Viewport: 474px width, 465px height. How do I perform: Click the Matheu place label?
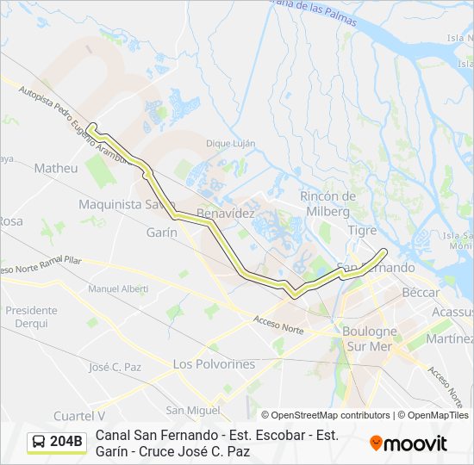(56, 169)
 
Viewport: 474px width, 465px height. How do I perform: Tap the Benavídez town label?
(225, 212)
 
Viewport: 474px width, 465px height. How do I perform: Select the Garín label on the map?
(161, 232)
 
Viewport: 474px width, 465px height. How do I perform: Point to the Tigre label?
(362, 230)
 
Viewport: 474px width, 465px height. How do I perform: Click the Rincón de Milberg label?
(325, 203)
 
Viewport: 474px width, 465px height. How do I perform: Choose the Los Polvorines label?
(214, 364)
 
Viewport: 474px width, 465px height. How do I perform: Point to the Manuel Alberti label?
(118, 288)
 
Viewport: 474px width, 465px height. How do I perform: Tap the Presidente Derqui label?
(31, 317)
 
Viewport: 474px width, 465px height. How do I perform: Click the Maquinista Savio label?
(121, 204)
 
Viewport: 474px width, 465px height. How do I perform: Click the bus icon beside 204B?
(39, 443)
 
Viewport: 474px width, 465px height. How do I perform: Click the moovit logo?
(409, 443)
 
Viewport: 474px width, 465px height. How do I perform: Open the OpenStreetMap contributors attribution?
(326, 415)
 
